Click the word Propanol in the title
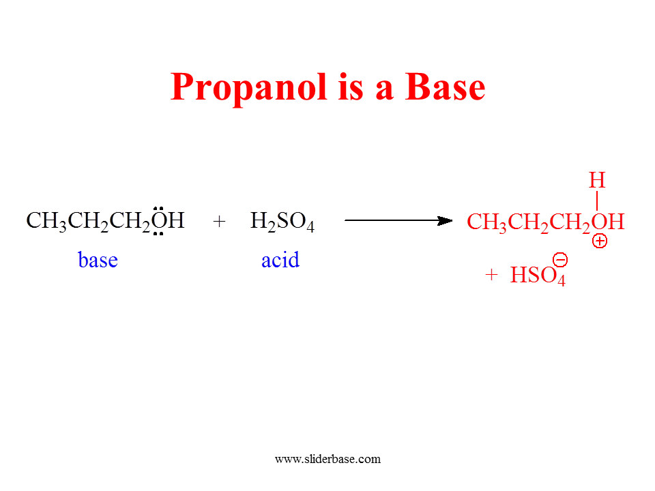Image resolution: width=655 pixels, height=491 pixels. tap(248, 89)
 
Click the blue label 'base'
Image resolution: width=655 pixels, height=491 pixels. tap(98, 260)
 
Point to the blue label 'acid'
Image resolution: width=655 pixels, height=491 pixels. tap(280, 260)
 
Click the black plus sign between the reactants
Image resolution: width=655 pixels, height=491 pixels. tap(219, 221)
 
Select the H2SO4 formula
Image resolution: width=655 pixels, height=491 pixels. tap(282, 221)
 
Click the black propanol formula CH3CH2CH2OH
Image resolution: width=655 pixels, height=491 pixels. tap(105, 221)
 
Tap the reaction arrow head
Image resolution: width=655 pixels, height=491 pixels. tap(444, 220)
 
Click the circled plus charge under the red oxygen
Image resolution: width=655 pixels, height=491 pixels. tap(600, 241)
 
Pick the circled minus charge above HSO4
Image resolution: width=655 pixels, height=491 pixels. tap(560, 260)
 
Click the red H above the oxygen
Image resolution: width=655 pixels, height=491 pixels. tap(597, 180)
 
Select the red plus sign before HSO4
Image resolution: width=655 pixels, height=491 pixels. tap(491, 275)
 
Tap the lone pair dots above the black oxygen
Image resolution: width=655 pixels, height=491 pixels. tap(158, 207)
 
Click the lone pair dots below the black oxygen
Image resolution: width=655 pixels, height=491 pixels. tap(158, 234)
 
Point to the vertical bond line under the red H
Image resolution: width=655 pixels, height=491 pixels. tap(597, 200)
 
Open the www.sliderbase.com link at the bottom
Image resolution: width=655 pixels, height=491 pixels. tap(328, 459)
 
